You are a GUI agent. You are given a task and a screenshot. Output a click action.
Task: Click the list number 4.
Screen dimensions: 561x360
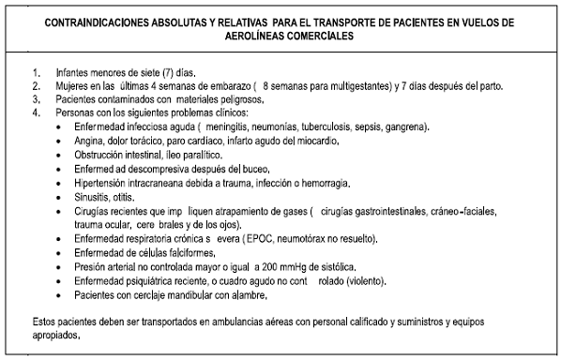36,112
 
